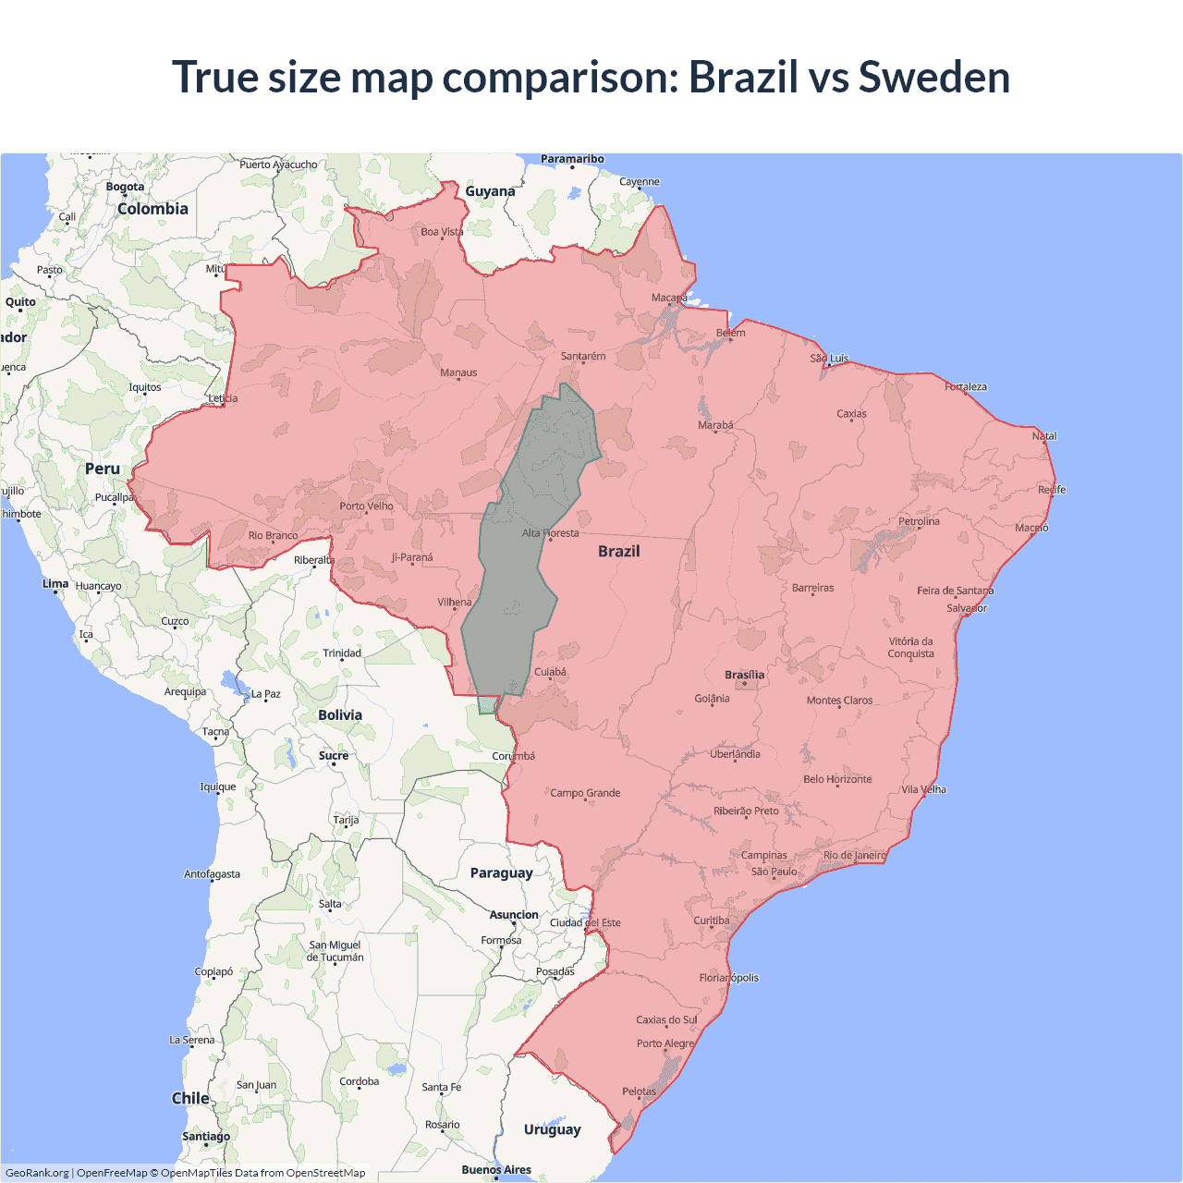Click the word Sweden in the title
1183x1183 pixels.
(933, 77)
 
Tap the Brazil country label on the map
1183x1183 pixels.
(618, 551)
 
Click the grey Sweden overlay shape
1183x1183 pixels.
(518, 591)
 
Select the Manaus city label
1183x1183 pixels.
(458, 372)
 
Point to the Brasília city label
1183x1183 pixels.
(744, 675)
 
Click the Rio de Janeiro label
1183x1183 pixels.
(854, 855)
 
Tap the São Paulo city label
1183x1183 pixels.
(774, 872)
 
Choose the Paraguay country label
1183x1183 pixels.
(501, 872)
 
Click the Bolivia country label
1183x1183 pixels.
(340, 714)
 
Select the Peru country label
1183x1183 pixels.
(103, 469)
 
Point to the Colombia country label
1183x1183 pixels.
(152, 209)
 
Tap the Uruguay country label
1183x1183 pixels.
(552, 1129)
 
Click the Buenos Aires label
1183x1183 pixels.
(496, 1169)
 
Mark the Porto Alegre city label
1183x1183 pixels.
(665, 1043)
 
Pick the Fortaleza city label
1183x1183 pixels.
(966, 386)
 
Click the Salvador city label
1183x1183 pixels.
(967, 608)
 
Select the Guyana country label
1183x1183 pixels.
(490, 191)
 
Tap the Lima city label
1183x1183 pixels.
(55, 583)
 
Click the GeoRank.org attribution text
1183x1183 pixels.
(37, 1173)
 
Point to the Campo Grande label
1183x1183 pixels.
(585, 793)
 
